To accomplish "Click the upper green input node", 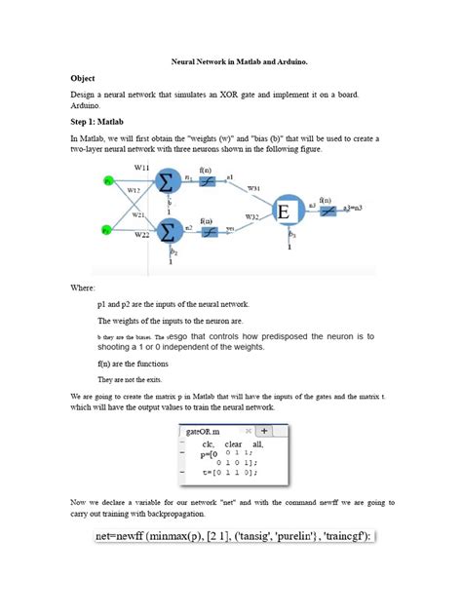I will click(108, 179).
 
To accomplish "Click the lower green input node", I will click(108, 230).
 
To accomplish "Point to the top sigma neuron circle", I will click(167, 181).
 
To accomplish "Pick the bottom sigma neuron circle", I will click(167, 231).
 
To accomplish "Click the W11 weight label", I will click(141, 170).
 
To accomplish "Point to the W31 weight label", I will click(252, 186).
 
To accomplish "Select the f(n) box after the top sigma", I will click(207, 181).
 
